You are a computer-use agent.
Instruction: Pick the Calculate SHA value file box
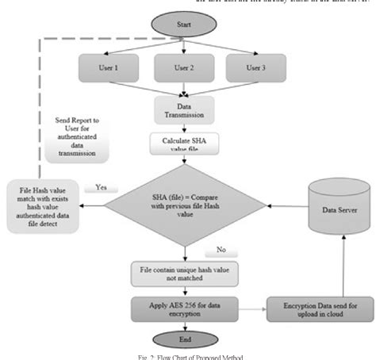point(183,143)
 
